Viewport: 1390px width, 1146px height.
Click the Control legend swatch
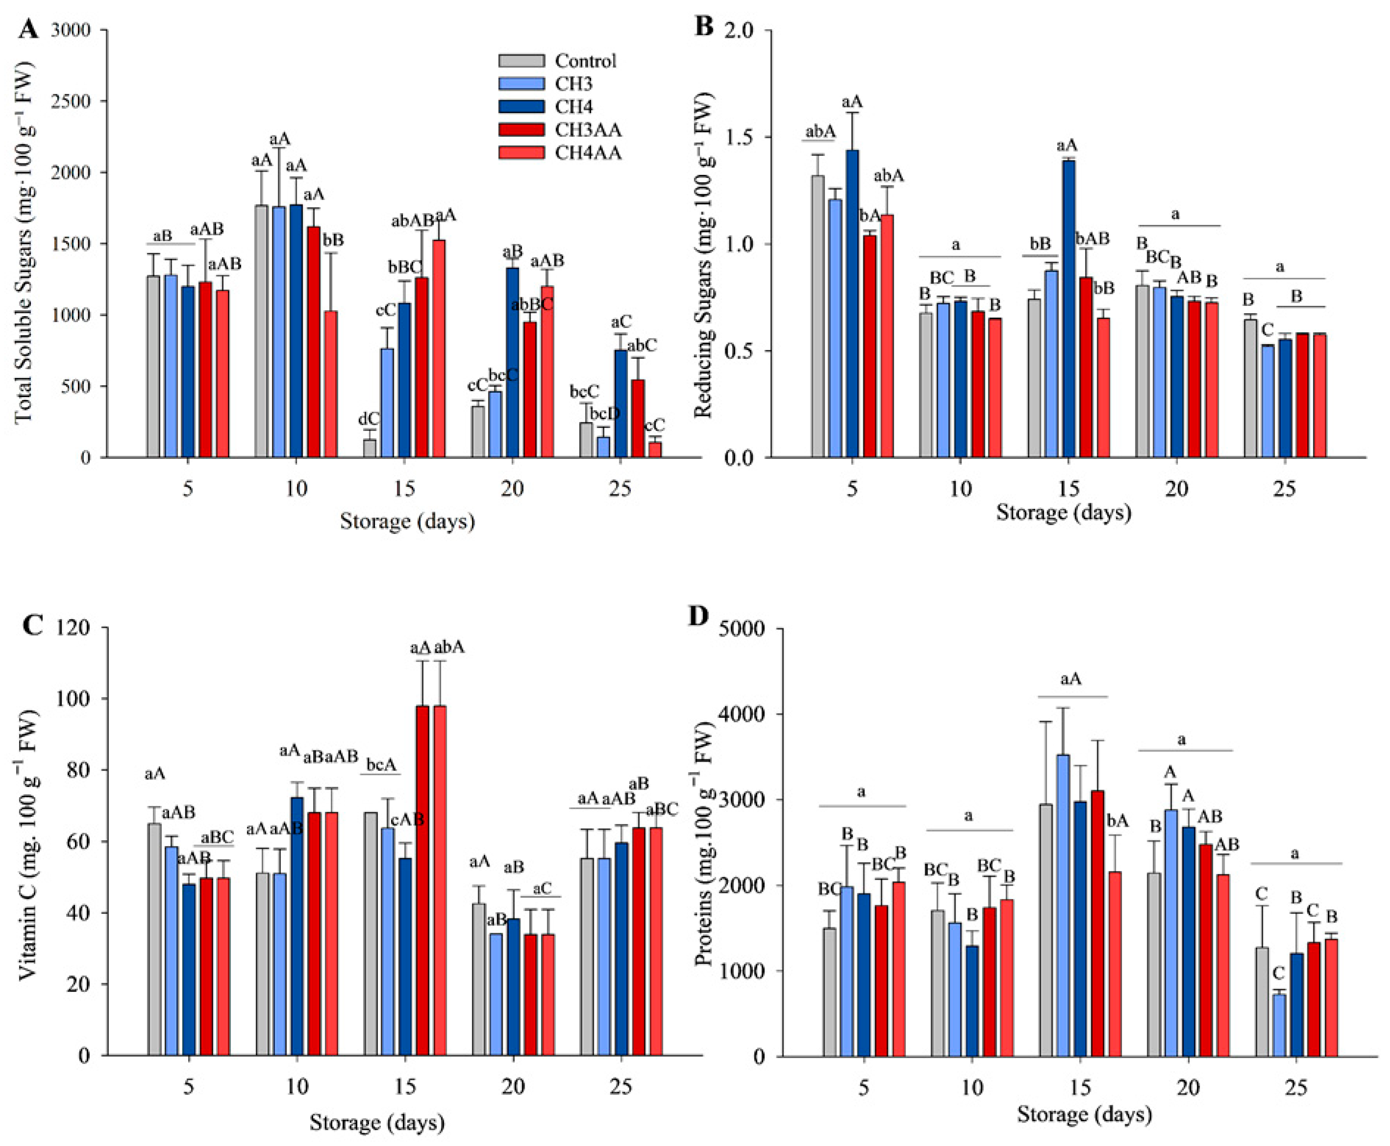point(522,61)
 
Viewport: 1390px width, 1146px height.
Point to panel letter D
point(698,615)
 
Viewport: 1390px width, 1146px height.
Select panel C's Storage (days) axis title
point(377,1122)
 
